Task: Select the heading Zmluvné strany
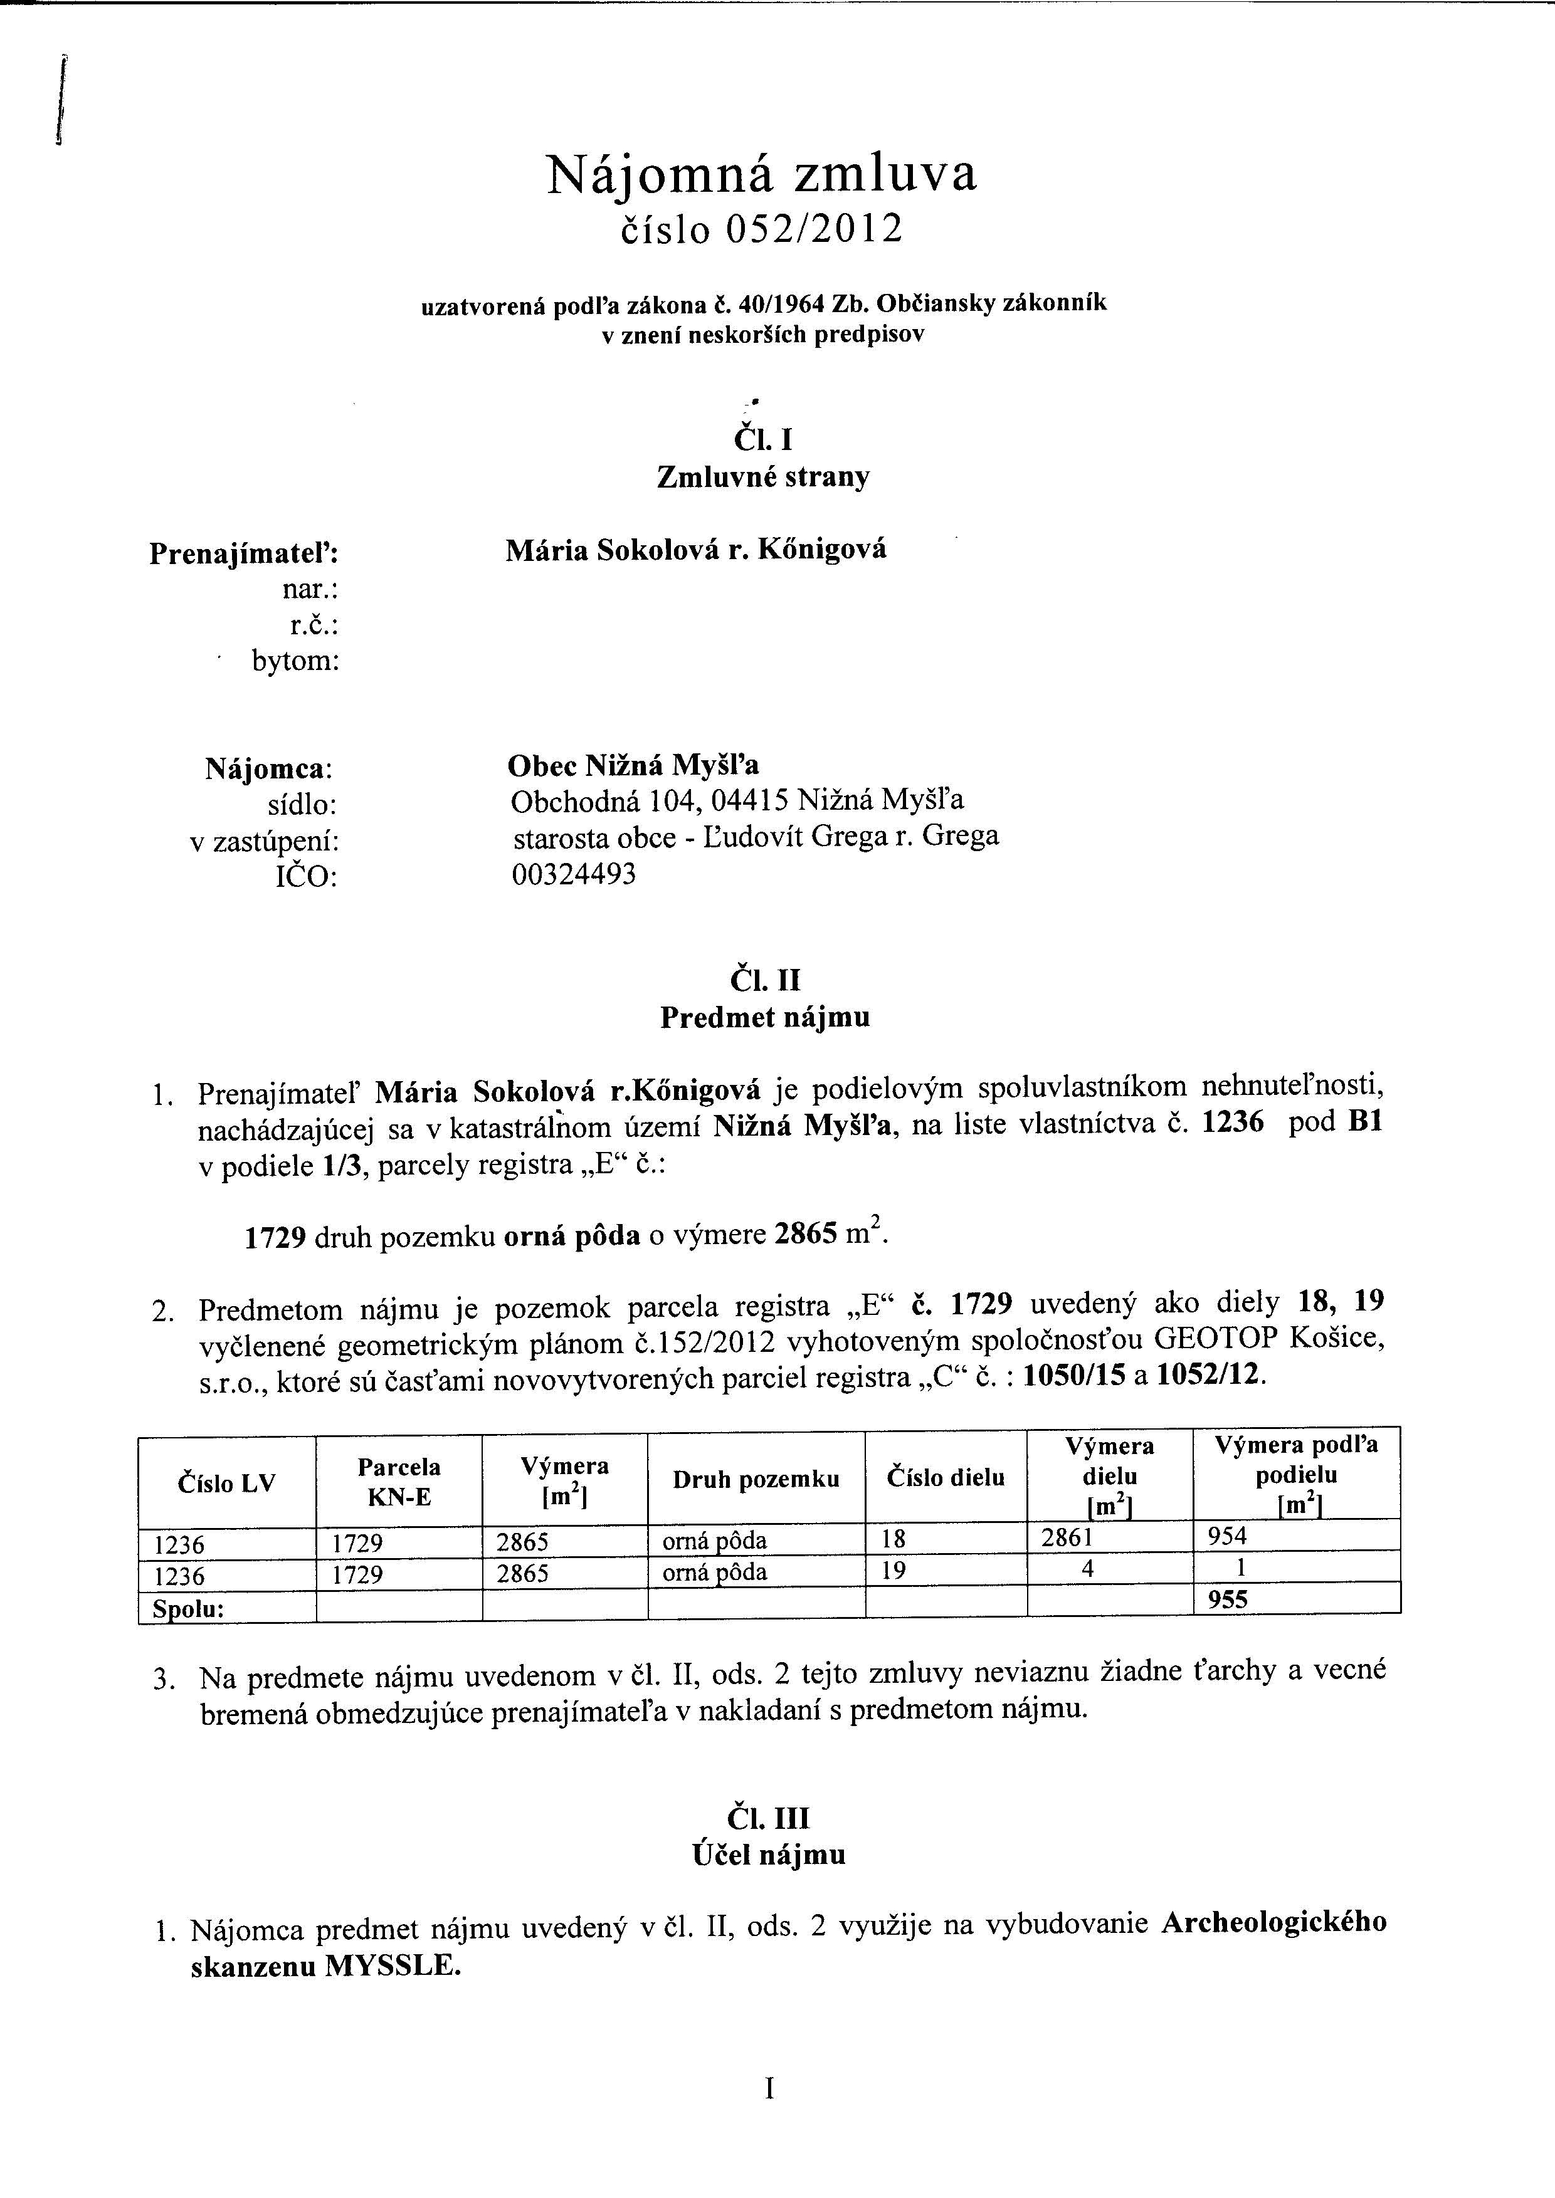click(763, 477)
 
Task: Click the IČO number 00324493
click(574, 874)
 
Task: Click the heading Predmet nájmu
click(765, 1017)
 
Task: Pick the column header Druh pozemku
click(756, 1479)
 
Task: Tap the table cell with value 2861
click(1066, 1537)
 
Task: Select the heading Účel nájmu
click(769, 1855)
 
